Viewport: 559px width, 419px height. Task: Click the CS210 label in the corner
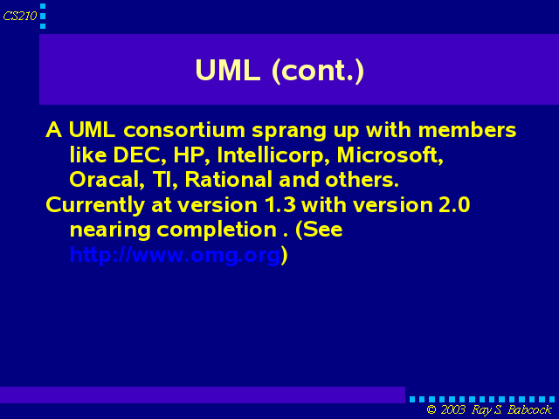[x=20, y=16]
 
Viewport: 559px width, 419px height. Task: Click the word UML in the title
[x=227, y=70]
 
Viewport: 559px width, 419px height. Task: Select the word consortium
[x=184, y=130]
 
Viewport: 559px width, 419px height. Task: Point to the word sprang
[x=289, y=132]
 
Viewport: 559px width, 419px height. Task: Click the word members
[x=467, y=130]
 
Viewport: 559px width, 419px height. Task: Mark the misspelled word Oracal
[x=107, y=180]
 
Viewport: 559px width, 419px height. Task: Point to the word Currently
[x=95, y=206]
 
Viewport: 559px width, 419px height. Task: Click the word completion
[x=217, y=230]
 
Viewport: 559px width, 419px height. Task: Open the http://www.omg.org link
[x=175, y=256]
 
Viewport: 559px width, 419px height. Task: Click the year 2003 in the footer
[x=452, y=409]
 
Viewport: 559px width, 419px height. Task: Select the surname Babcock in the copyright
[x=529, y=409]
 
